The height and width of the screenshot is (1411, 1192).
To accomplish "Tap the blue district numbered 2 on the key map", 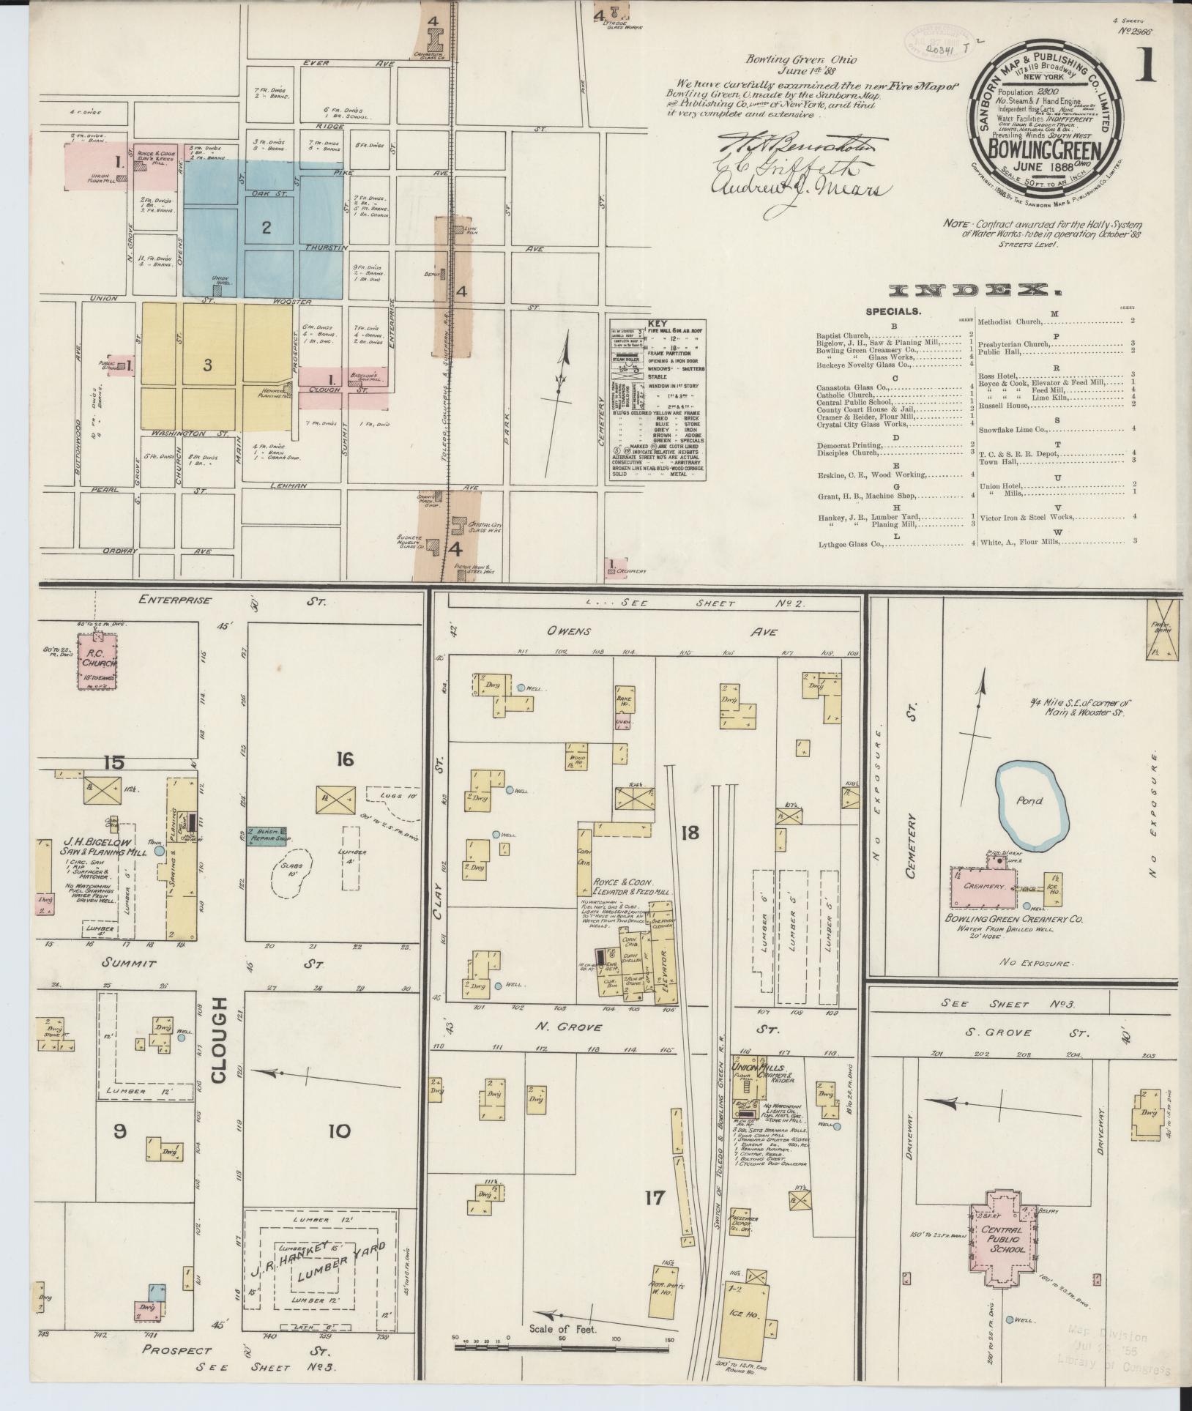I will (x=267, y=227).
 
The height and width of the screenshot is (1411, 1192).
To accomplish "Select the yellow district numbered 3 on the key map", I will (x=208, y=365).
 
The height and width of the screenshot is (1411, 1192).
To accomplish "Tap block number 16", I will (x=344, y=759).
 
